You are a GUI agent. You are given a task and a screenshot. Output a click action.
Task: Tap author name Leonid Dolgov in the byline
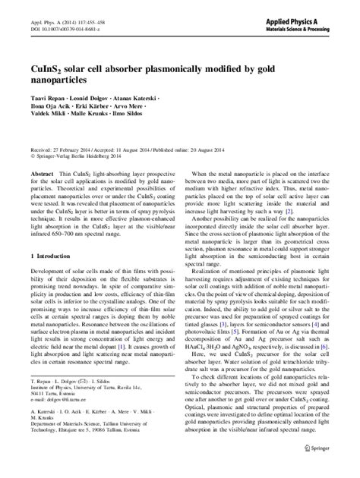tap(88, 99)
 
